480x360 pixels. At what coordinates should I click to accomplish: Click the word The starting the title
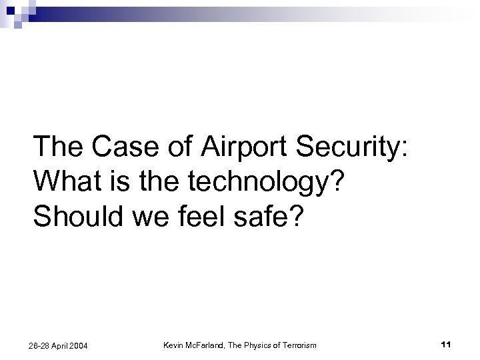click(x=62, y=146)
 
